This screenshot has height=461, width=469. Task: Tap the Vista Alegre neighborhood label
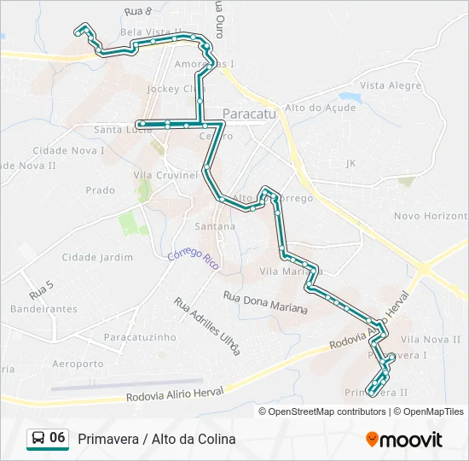(x=391, y=86)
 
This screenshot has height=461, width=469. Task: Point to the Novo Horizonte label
(x=431, y=217)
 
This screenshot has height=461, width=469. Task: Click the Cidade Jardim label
(x=97, y=257)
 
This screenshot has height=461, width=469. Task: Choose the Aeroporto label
(x=78, y=364)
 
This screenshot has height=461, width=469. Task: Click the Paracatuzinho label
(x=140, y=337)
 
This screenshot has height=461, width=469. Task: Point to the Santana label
(x=215, y=226)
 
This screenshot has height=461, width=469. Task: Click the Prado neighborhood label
(x=101, y=190)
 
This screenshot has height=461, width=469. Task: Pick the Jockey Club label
(x=176, y=89)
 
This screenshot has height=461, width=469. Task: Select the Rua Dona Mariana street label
(x=265, y=302)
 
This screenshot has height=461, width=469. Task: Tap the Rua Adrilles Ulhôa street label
(x=207, y=325)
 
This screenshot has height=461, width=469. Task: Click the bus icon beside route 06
(x=38, y=438)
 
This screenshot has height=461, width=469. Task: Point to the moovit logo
(x=404, y=440)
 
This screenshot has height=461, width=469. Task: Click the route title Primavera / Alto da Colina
(x=157, y=439)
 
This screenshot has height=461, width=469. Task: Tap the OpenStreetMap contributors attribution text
(x=325, y=411)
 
